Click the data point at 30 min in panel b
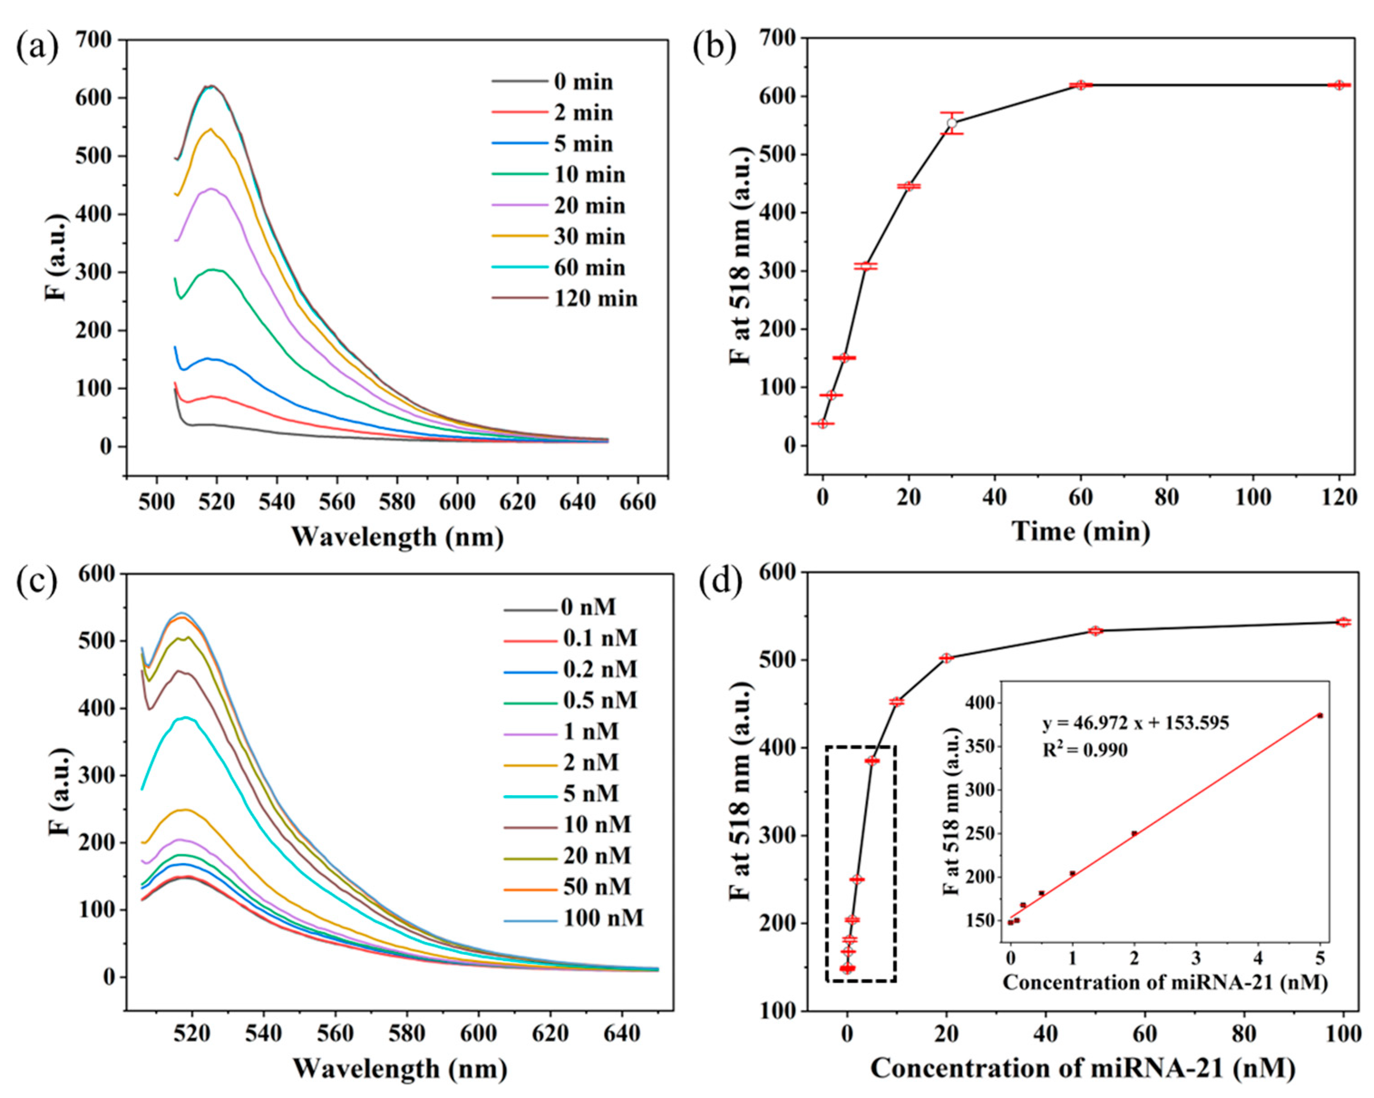click(x=952, y=123)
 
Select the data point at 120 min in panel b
click(x=1339, y=85)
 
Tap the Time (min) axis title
click(x=1081, y=531)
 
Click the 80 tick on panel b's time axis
click(x=1167, y=496)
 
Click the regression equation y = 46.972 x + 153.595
click(x=1135, y=723)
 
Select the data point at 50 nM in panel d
click(x=1095, y=630)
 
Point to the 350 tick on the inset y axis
click(x=985, y=746)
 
